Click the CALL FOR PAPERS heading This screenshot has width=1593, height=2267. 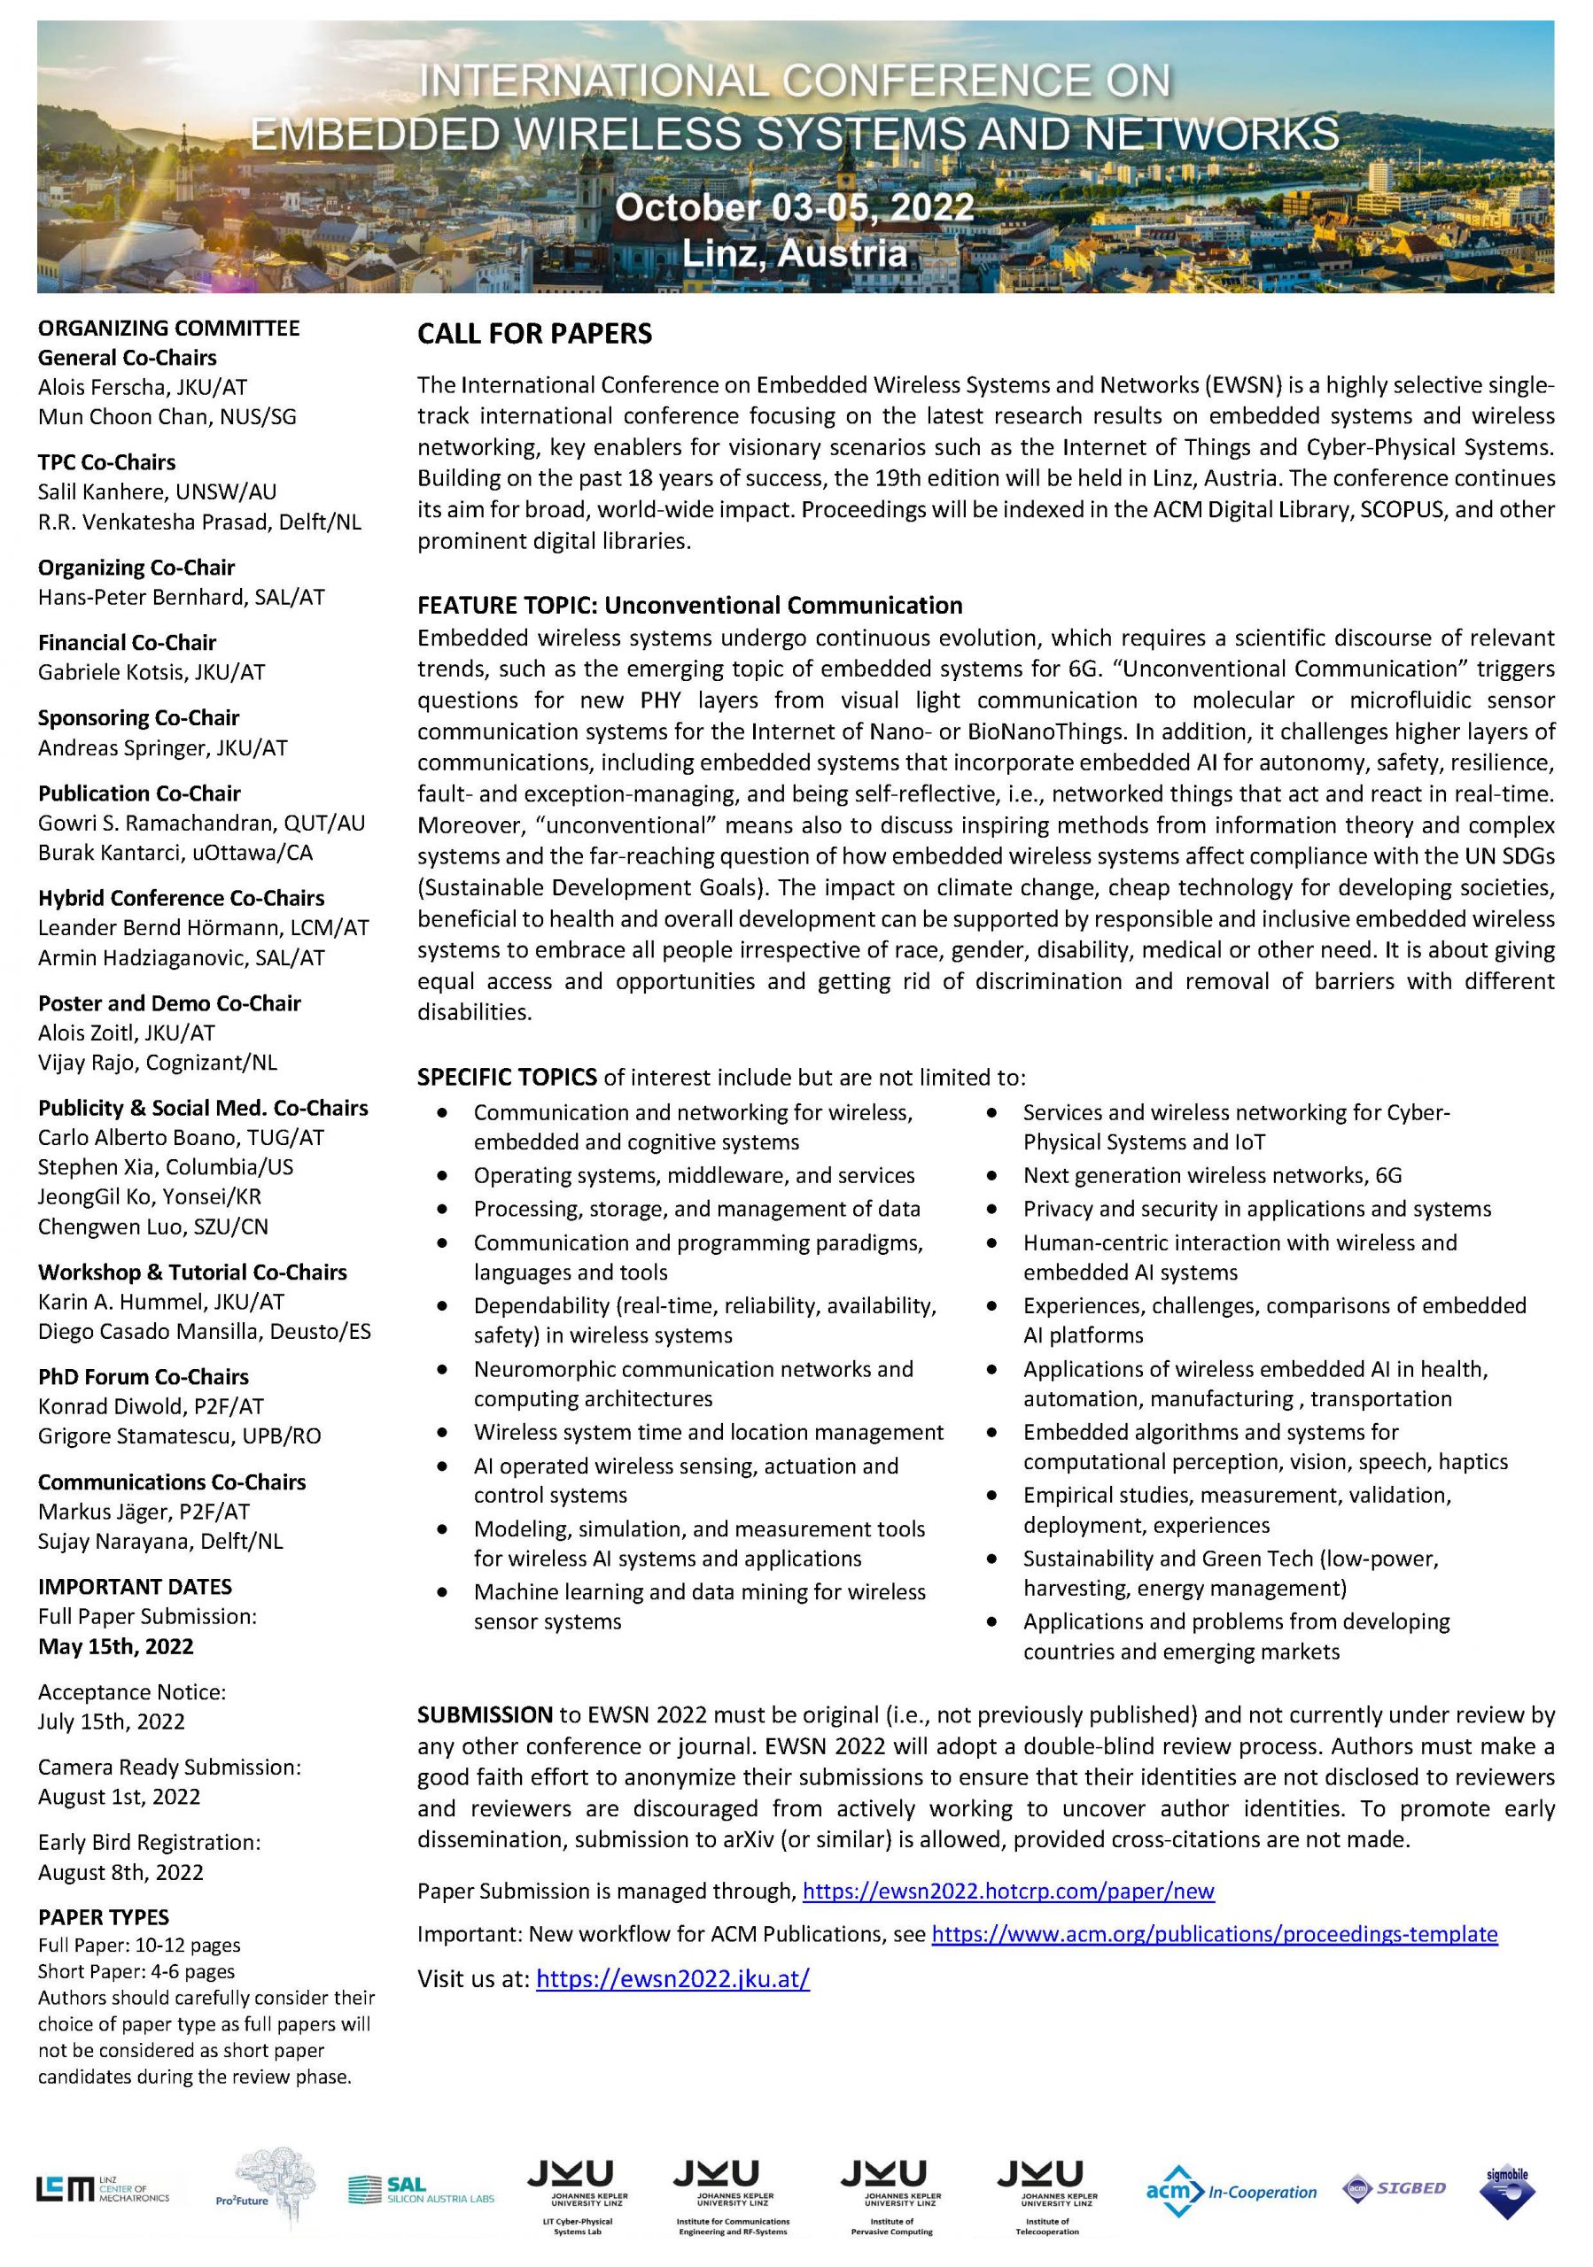tap(534, 334)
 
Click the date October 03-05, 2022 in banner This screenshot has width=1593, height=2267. tap(794, 207)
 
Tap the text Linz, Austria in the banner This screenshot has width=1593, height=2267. tap(794, 252)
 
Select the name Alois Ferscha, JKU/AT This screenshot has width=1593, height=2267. tap(143, 387)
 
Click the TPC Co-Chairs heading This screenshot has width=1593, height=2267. tap(106, 462)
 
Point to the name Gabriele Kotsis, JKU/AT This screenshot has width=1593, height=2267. tap(152, 672)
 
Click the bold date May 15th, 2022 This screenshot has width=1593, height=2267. tap(115, 1646)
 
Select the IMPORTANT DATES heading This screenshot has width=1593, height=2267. tap(135, 1587)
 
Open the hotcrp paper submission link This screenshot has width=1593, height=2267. tap(1007, 1891)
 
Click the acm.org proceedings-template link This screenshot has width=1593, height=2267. tap(1214, 1933)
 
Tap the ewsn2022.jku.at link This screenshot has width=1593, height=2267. tap(672, 1977)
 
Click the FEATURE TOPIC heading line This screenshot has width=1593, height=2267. tap(689, 605)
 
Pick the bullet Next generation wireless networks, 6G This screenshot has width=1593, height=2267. tap(1212, 1175)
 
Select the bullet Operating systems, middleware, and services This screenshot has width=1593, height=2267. tap(694, 1175)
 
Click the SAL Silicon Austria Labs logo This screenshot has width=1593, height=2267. tap(421, 2190)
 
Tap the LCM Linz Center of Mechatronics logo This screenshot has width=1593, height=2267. tap(103, 2189)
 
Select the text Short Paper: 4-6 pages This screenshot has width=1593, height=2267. tap(136, 1972)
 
